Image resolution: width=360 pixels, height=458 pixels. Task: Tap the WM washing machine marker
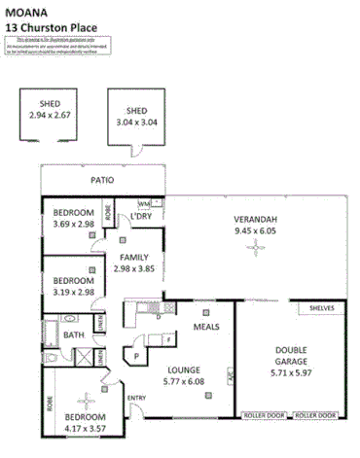[x=143, y=203]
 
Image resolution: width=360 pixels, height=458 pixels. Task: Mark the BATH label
[x=74, y=335]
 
